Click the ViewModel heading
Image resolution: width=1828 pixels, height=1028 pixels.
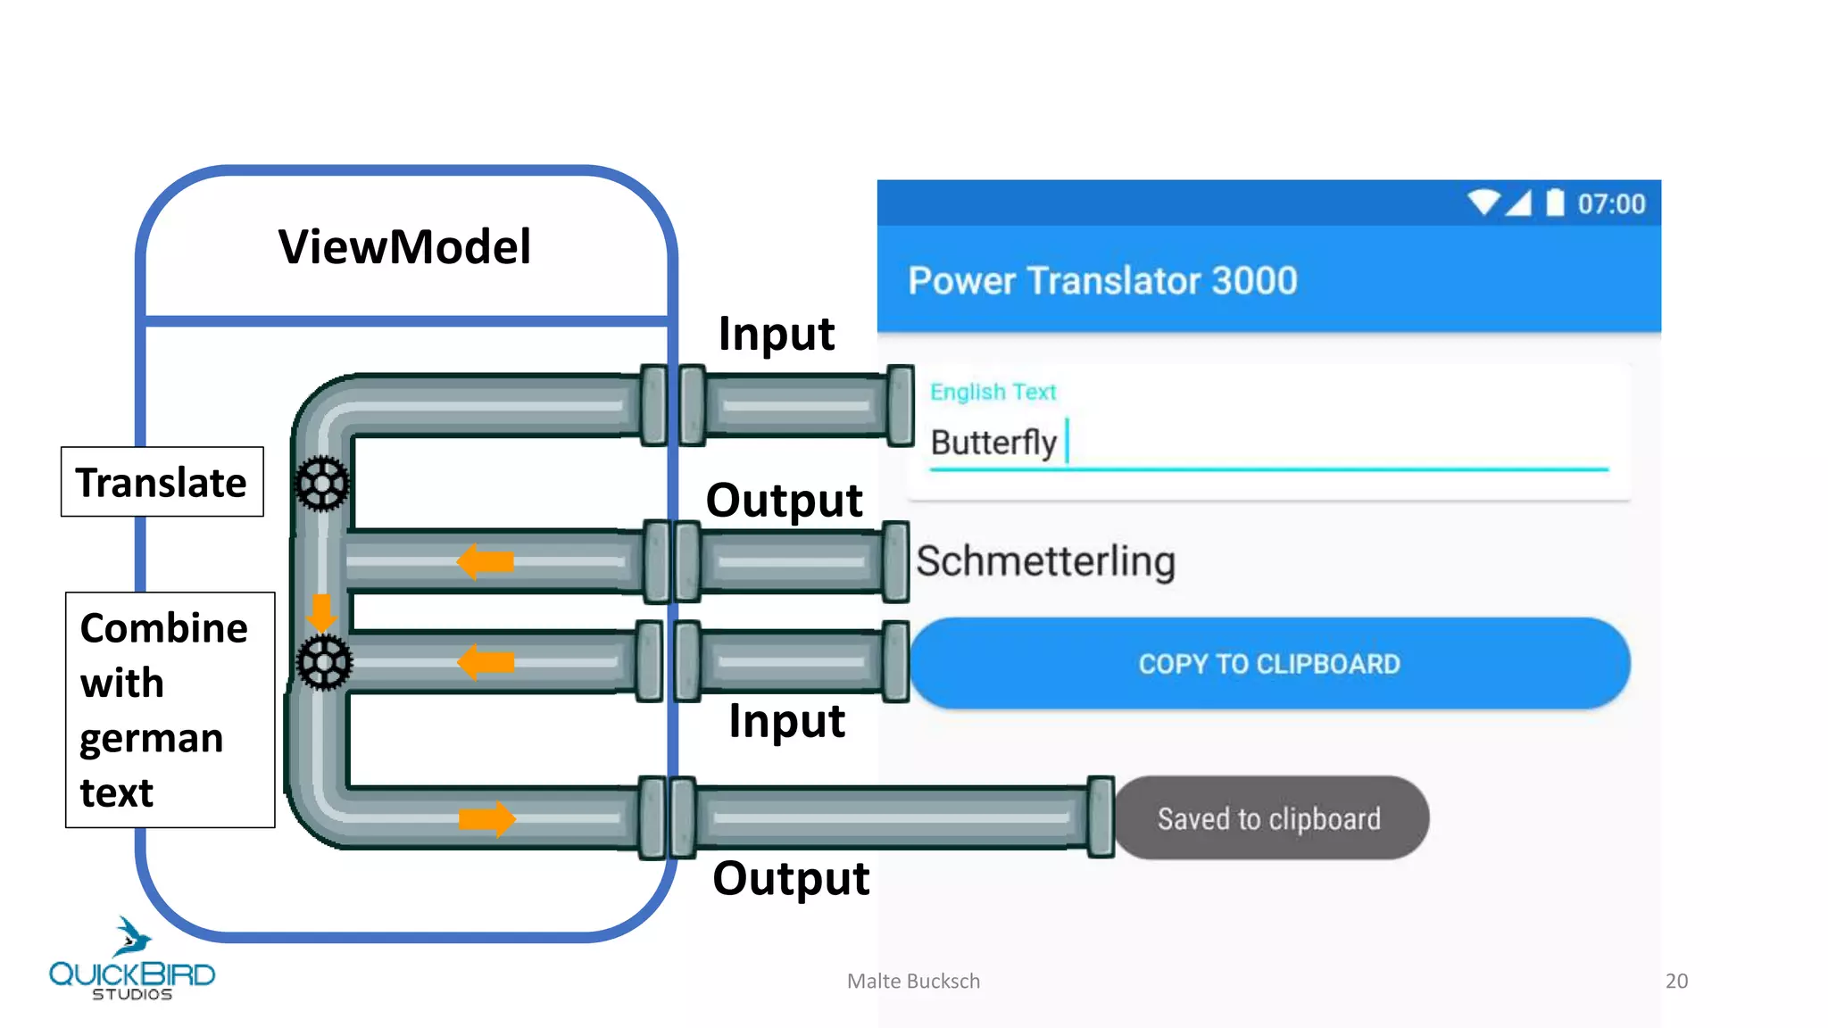tap(404, 247)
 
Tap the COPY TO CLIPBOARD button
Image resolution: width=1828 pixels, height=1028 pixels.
tap(1269, 664)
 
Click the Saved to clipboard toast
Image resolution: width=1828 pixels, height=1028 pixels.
tap(1269, 818)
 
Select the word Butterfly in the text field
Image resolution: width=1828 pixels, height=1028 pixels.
tap(993, 443)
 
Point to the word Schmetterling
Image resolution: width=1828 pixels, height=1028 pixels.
tap(1045, 561)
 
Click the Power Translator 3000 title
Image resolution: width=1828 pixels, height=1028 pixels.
tap(1102, 280)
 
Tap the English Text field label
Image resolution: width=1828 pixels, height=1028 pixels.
tap(993, 392)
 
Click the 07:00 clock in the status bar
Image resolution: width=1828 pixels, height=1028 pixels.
tap(1611, 204)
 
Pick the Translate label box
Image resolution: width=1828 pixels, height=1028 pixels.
tap(162, 482)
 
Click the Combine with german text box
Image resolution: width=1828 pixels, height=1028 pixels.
tap(170, 709)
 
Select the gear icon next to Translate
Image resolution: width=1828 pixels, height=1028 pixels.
tap(322, 484)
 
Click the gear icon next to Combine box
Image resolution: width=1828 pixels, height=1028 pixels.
tap(324, 662)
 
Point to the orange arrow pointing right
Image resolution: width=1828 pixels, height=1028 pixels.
tap(486, 818)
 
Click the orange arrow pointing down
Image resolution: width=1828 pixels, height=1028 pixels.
tap(320, 612)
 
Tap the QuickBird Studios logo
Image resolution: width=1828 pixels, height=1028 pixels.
tap(132, 962)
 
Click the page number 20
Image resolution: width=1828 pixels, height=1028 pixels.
tap(1676, 981)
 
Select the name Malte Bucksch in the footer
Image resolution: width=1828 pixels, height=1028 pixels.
tap(913, 981)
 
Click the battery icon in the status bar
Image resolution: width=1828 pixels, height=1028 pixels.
tap(1555, 203)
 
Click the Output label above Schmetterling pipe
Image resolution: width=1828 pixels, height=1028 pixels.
tap(784, 500)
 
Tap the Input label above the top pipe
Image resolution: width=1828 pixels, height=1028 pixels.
tap(776, 334)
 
